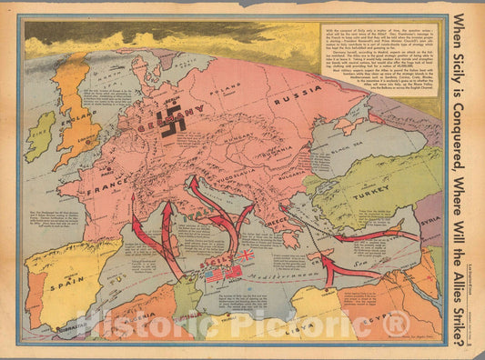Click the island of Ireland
click(41, 136)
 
